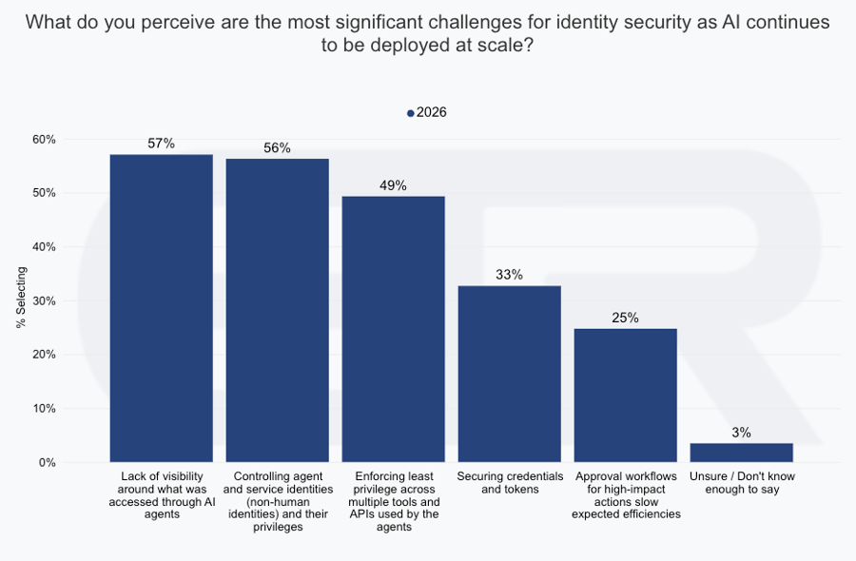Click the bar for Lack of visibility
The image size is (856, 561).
(x=161, y=308)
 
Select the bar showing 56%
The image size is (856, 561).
(x=277, y=310)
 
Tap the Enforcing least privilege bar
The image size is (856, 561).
(x=393, y=329)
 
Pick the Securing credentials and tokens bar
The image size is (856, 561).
(x=509, y=374)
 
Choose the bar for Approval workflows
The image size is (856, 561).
(x=625, y=395)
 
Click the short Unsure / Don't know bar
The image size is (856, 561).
(x=741, y=453)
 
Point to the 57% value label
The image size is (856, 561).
(x=161, y=144)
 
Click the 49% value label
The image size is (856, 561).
(x=393, y=185)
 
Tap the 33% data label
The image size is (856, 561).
(x=509, y=275)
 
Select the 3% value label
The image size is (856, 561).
(x=741, y=433)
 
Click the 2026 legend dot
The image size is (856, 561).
(x=411, y=113)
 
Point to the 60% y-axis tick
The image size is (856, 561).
(x=44, y=140)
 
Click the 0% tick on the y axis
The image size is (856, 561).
(x=48, y=463)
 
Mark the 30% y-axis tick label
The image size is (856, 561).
(x=44, y=301)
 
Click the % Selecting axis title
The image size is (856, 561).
(x=21, y=298)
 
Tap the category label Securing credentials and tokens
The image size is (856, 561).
(x=509, y=482)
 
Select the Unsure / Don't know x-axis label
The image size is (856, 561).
(x=741, y=482)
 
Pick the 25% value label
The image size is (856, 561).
(x=625, y=318)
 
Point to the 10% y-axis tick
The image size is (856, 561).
(x=44, y=409)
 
